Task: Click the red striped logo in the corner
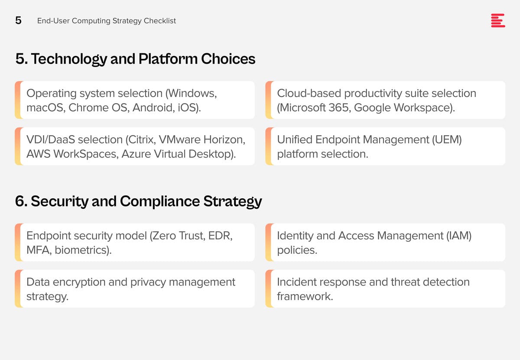click(498, 20)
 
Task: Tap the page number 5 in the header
click(18, 20)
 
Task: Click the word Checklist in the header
click(160, 21)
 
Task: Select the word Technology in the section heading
click(69, 59)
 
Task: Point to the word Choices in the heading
click(228, 59)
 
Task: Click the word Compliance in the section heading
click(160, 201)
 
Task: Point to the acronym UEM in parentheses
click(447, 140)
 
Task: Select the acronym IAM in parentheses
click(459, 236)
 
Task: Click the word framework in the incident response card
click(305, 296)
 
